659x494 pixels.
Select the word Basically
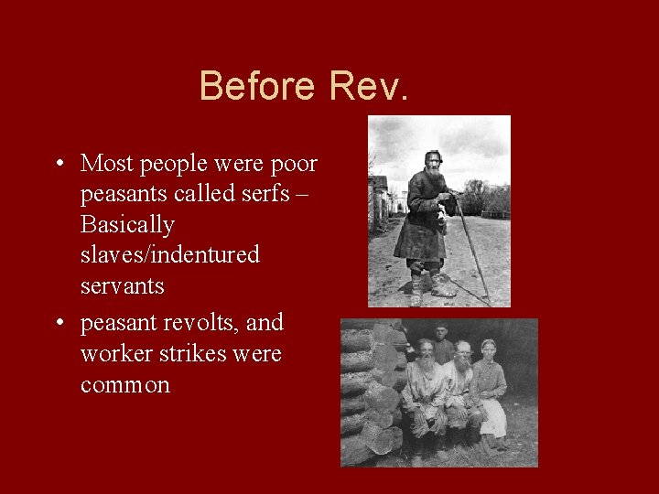tap(127, 224)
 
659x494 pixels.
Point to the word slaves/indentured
tap(170, 254)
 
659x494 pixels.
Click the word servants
tap(122, 285)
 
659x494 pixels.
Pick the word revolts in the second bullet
tap(198, 323)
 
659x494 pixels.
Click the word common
tap(124, 385)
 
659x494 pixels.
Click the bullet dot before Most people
tap(58, 165)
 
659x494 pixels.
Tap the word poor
tap(293, 164)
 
